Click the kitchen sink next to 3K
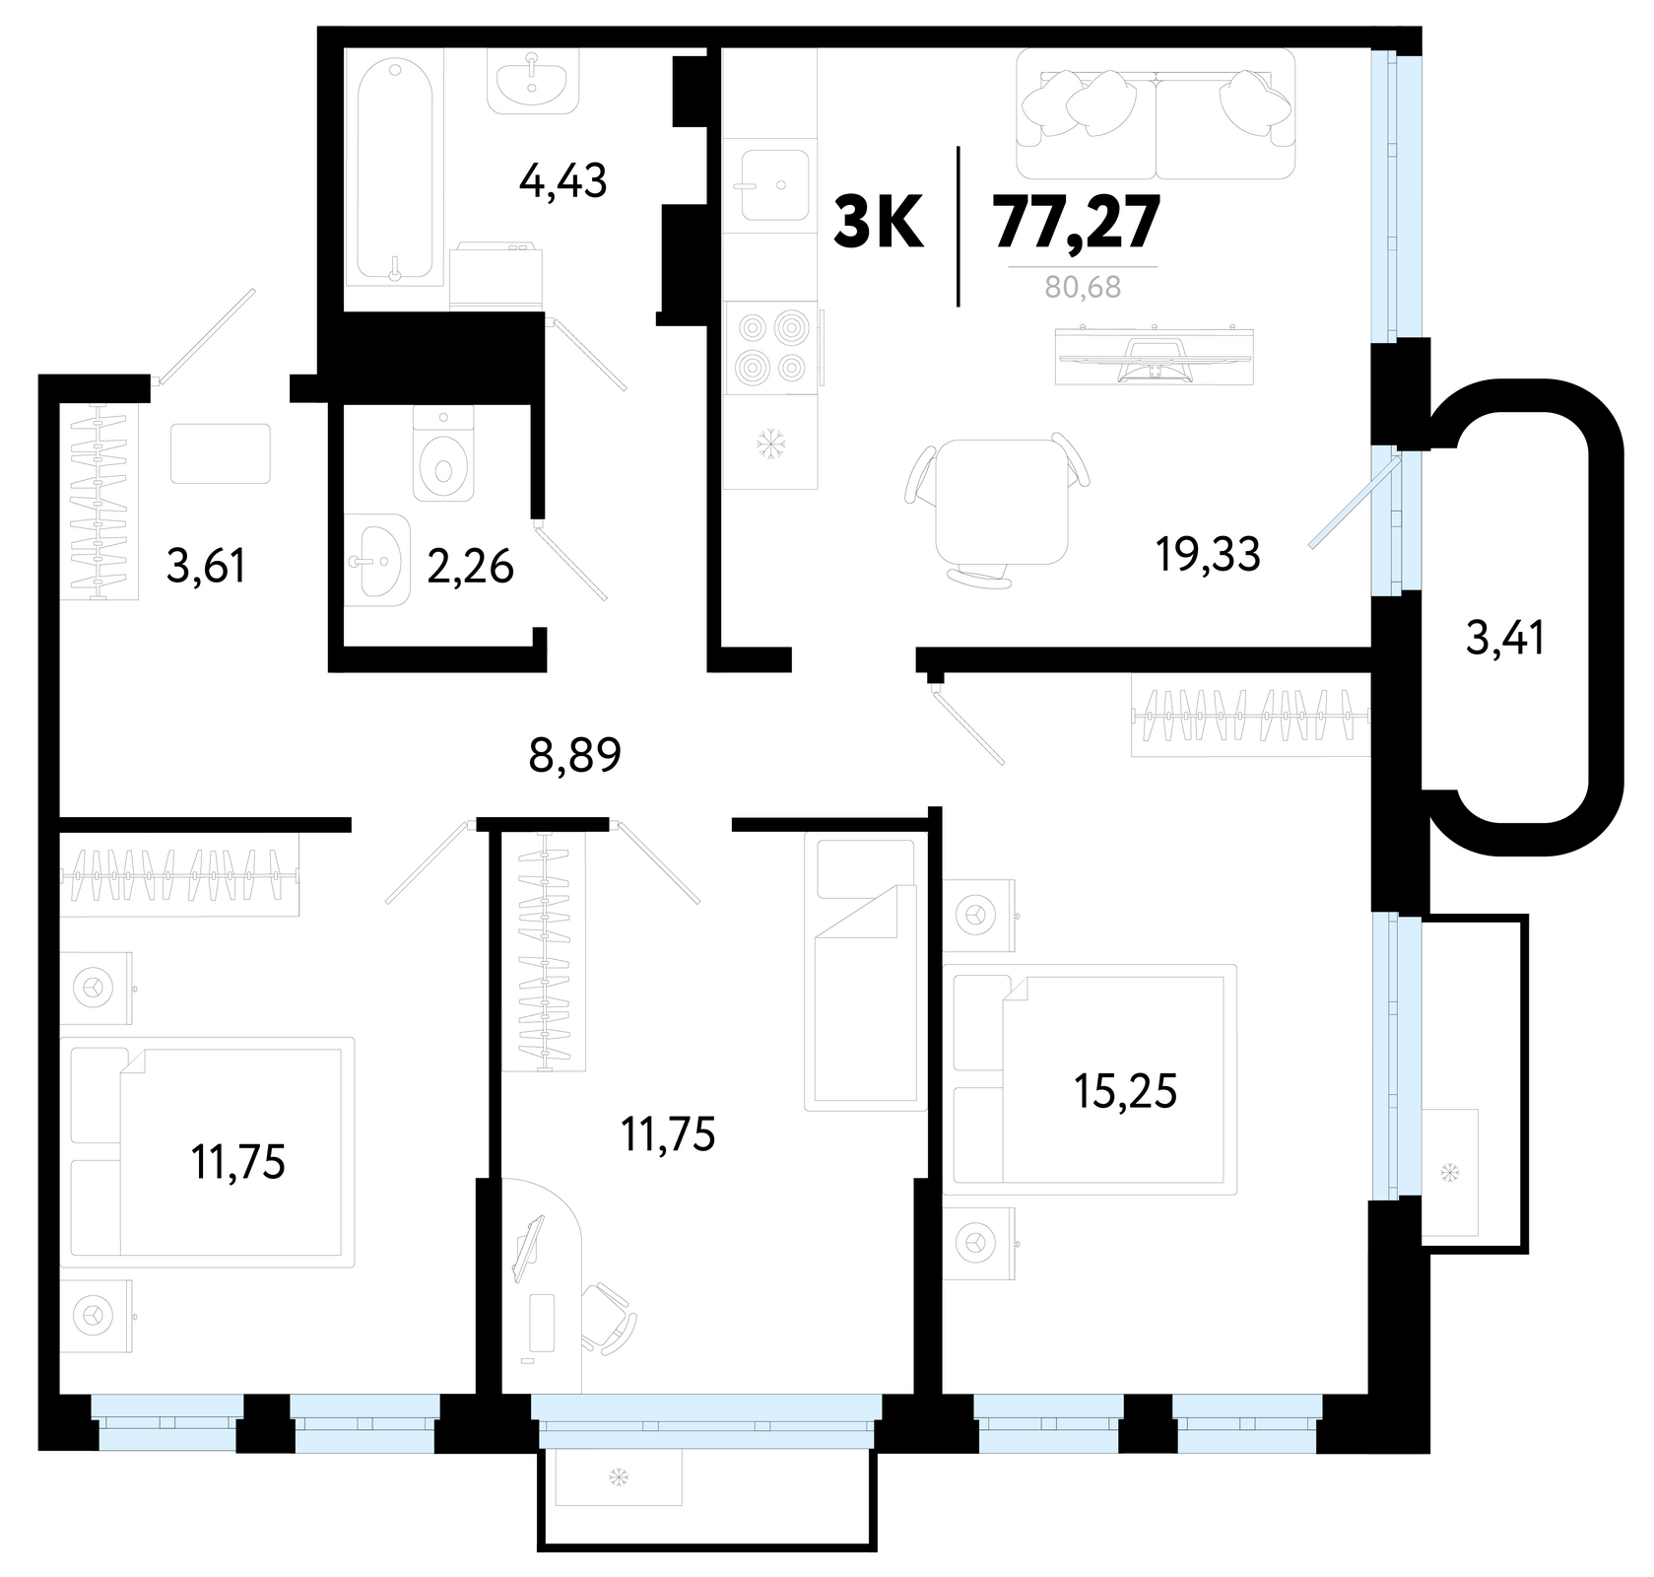click(773, 184)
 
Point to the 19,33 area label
click(1208, 555)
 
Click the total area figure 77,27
click(1076, 223)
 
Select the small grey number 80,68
click(1084, 289)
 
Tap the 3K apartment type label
click(879, 224)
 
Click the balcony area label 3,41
click(1505, 639)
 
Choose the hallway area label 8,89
click(576, 757)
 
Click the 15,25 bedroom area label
click(1126, 1092)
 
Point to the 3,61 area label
click(206, 568)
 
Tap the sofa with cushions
click(1156, 114)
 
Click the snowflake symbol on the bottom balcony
click(619, 1477)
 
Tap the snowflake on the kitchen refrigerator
click(769, 446)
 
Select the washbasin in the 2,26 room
click(377, 560)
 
